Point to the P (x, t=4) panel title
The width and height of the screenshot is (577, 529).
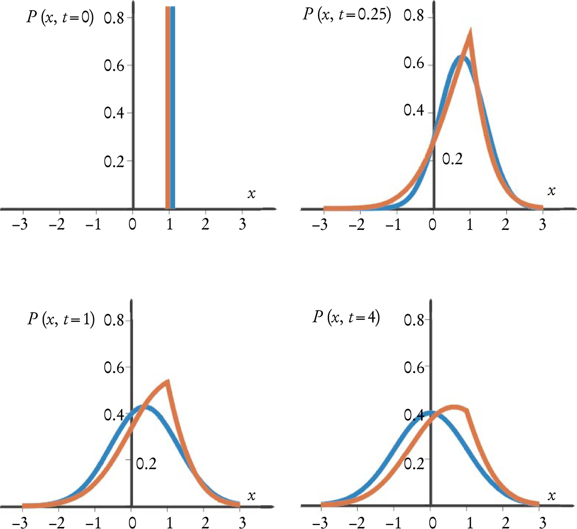point(346,317)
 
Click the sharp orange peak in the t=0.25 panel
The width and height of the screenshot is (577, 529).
point(470,32)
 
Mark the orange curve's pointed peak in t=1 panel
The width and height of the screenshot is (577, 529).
point(168,381)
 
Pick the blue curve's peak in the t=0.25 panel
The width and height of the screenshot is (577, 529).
point(460,57)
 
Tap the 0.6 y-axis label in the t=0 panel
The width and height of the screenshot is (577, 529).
point(116,65)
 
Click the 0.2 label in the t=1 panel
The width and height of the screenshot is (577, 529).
point(146,464)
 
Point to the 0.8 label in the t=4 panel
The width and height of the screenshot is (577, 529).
point(415,320)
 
